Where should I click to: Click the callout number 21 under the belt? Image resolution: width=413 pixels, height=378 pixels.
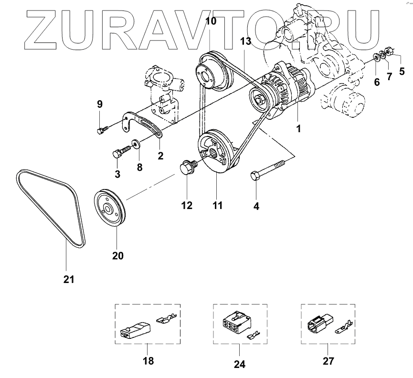(x=69, y=279)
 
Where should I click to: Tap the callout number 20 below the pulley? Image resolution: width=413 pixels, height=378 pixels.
(x=117, y=255)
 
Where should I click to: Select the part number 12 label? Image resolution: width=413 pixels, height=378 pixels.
(x=186, y=205)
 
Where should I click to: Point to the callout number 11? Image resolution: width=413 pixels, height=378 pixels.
(x=217, y=205)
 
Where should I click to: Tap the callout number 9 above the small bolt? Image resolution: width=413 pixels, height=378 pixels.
(x=100, y=104)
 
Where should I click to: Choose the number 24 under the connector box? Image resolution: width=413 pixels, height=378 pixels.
(x=239, y=364)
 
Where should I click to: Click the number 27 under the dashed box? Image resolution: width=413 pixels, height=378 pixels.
(x=328, y=360)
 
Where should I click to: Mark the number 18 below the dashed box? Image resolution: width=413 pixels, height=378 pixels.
(x=148, y=360)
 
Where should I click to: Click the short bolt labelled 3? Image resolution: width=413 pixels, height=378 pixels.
(x=121, y=153)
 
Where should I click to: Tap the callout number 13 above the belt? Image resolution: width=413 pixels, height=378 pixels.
(x=245, y=42)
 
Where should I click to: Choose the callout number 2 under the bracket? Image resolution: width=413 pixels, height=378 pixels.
(x=160, y=155)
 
